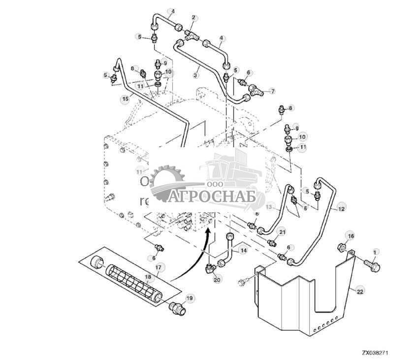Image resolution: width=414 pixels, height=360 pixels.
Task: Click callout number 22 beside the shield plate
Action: click(360, 292)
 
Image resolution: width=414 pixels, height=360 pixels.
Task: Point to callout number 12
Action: click(342, 209)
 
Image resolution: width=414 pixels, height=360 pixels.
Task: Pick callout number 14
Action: click(243, 250)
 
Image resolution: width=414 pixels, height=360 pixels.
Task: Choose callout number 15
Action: click(126, 98)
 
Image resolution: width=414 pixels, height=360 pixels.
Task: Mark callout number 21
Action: click(282, 232)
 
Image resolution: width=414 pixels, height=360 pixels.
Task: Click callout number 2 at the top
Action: click(193, 18)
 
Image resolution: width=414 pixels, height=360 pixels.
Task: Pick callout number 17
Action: click(159, 268)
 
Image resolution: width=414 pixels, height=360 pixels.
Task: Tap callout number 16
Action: click(349, 236)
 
